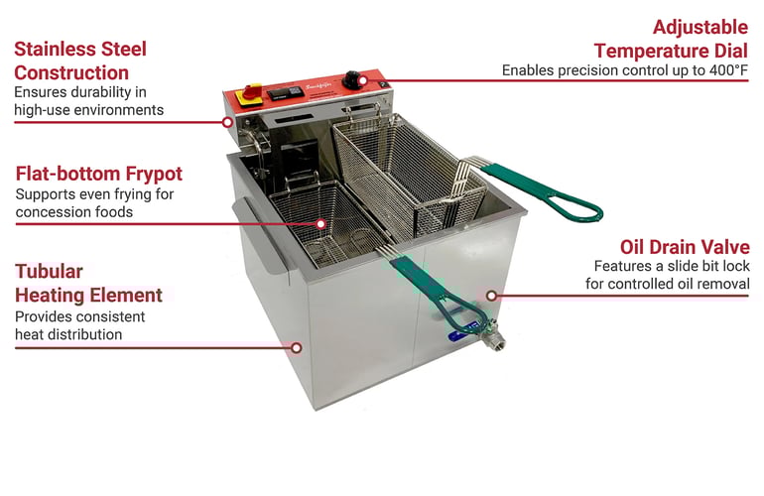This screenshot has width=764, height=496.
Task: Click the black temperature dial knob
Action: (352, 80)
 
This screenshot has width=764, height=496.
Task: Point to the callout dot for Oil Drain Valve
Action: (491, 296)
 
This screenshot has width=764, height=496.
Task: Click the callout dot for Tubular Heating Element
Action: (297, 348)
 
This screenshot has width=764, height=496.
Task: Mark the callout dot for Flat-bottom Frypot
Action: (320, 224)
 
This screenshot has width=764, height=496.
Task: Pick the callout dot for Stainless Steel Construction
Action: (227, 122)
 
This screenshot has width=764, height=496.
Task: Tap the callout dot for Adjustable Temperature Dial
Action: (363, 80)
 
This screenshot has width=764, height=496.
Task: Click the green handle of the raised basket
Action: (541, 190)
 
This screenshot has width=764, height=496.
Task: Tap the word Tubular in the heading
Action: (49, 272)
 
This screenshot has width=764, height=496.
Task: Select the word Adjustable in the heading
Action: (700, 28)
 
